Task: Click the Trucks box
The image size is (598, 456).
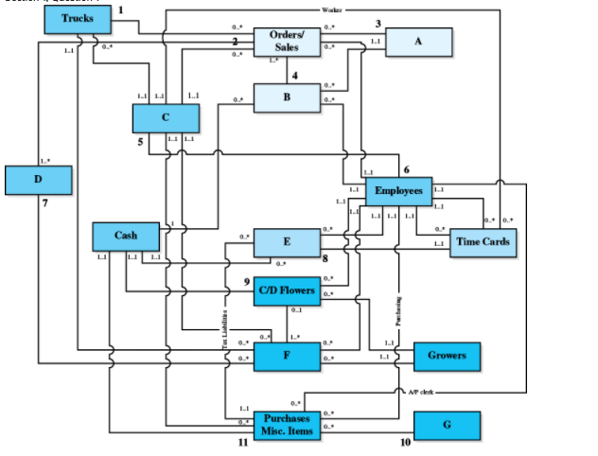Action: [x=78, y=20]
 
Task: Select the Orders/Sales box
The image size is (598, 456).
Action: [x=287, y=41]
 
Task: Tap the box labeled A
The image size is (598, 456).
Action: [x=417, y=42]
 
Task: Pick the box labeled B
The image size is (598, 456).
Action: [x=287, y=97]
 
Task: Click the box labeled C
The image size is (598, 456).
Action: [x=166, y=117]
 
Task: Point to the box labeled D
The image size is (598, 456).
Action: [x=38, y=179]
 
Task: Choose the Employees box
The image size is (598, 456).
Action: [x=398, y=191]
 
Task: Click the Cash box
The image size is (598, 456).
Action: [x=126, y=236]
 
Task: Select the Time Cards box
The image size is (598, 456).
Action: [x=483, y=242]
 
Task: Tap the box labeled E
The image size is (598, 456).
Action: [x=287, y=242]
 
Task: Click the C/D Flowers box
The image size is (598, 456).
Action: [x=287, y=290]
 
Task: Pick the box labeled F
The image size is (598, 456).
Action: [x=287, y=357]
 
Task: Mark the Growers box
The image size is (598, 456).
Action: [x=446, y=357]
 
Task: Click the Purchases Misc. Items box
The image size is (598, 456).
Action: [x=287, y=425]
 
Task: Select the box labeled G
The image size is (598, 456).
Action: [x=446, y=425]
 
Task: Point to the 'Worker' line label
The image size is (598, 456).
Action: [x=332, y=9]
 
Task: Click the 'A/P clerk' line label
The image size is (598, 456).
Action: [x=420, y=391]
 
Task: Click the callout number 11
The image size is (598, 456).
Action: [x=242, y=443]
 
